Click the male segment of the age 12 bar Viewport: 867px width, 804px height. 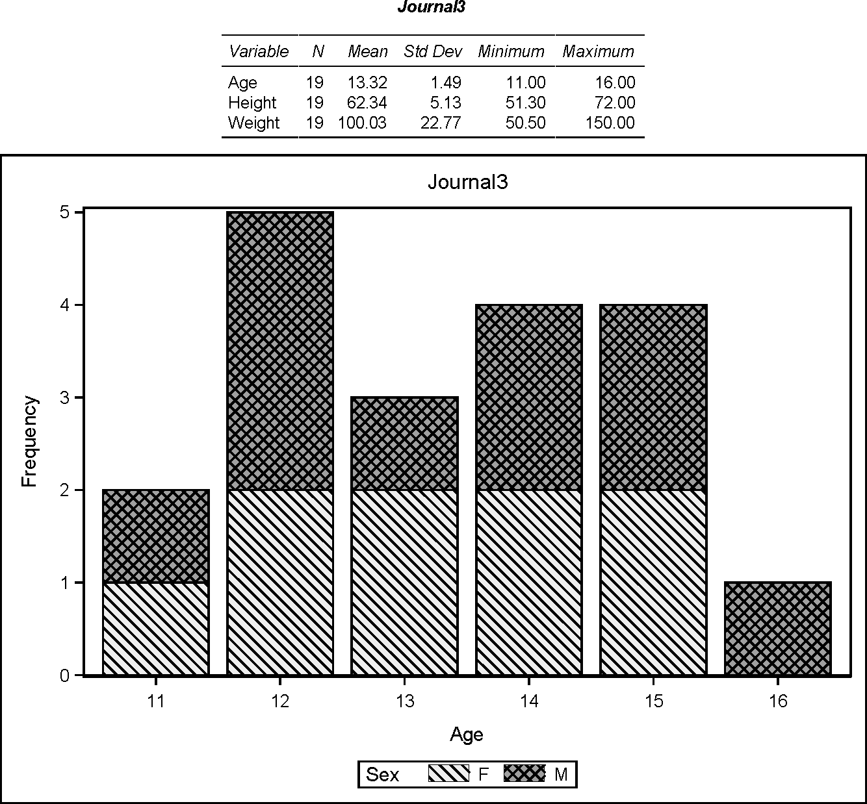(x=280, y=351)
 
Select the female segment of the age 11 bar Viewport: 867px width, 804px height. (x=156, y=629)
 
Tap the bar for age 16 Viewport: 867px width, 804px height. (x=778, y=629)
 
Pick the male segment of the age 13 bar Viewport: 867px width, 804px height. (x=404, y=443)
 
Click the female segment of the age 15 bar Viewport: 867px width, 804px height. (x=653, y=582)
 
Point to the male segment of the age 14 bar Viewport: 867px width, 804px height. (x=529, y=397)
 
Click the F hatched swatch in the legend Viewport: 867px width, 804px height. (x=448, y=774)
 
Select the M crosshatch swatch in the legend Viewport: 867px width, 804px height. (x=524, y=774)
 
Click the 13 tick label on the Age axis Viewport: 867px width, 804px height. (x=404, y=701)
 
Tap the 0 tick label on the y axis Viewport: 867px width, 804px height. (x=64, y=675)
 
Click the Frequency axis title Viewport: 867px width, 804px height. (x=30, y=442)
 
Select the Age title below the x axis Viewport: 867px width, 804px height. (x=467, y=735)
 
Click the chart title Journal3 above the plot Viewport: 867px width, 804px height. (x=467, y=182)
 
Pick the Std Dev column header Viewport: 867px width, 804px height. (x=432, y=51)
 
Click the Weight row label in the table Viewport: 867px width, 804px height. (x=253, y=123)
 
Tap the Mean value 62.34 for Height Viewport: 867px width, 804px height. (x=367, y=103)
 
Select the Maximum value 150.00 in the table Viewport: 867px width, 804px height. (x=609, y=123)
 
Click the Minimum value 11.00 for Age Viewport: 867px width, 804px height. (x=526, y=82)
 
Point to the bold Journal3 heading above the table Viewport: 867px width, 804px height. (x=432, y=7)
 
